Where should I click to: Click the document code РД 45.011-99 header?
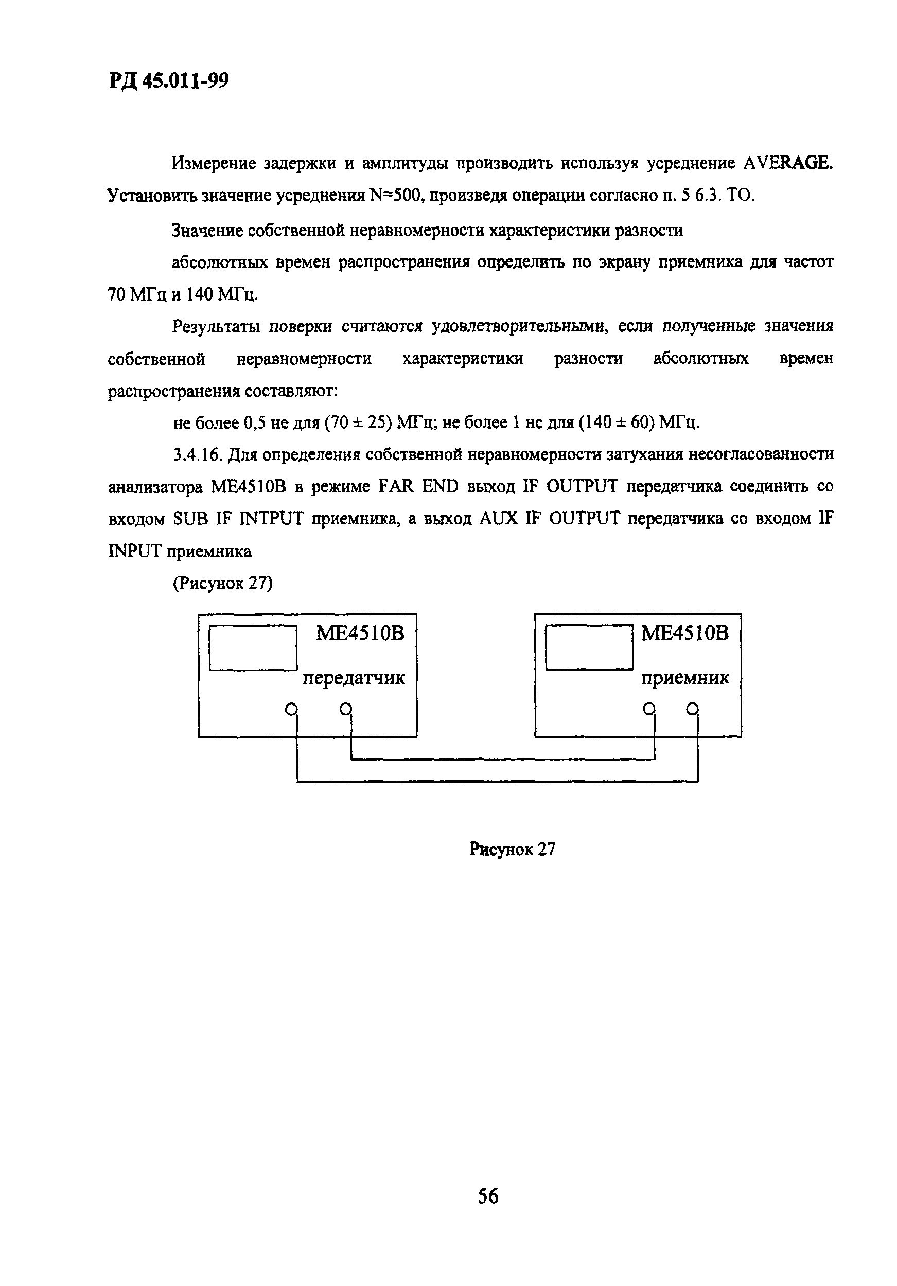(x=169, y=81)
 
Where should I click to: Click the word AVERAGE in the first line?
(x=788, y=163)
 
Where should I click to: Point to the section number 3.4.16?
(x=198, y=454)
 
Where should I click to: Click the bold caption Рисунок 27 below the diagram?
(x=512, y=849)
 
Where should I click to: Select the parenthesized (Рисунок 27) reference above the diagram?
(x=222, y=583)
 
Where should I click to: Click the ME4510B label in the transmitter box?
(x=360, y=633)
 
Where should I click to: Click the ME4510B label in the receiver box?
(x=684, y=633)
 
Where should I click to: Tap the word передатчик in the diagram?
(x=354, y=678)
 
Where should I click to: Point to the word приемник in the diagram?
(x=684, y=678)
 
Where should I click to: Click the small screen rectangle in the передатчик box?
(x=253, y=647)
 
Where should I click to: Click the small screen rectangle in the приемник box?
(x=589, y=647)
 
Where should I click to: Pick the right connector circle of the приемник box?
(x=693, y=709)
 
